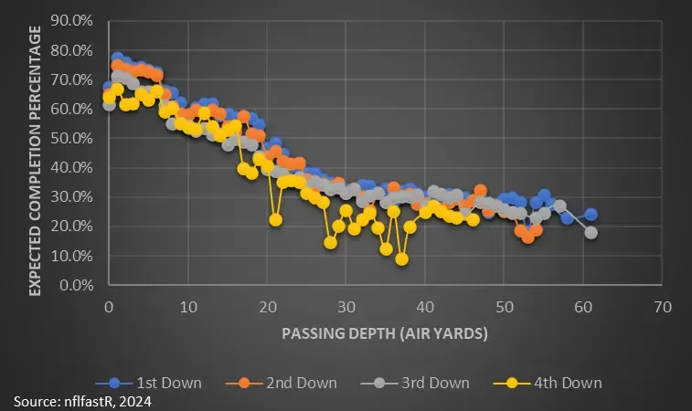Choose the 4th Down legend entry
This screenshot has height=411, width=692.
pos(548,383)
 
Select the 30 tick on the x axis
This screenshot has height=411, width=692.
pos(346,305)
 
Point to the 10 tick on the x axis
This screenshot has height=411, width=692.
pos(187,305)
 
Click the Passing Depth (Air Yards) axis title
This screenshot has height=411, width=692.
pos(385,333)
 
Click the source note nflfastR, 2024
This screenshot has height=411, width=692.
pos(82,401)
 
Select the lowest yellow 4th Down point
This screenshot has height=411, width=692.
pos(401,259)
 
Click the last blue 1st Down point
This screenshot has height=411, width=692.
pos(591,215)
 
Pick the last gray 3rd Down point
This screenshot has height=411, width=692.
pos(591,232)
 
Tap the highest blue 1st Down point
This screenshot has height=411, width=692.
pos(117,58)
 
